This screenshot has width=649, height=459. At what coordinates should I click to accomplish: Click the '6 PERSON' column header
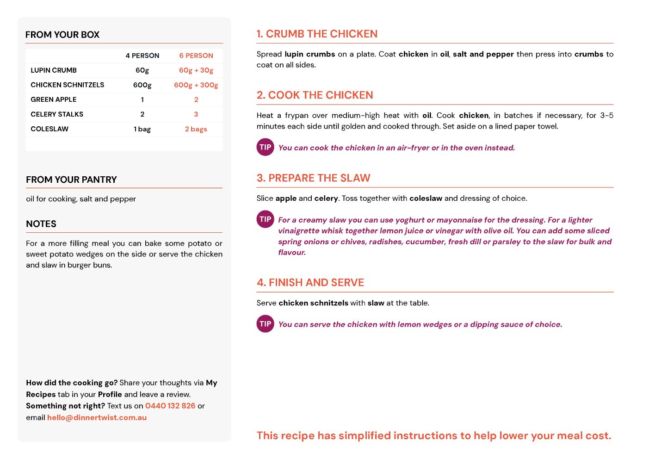coord(196,56)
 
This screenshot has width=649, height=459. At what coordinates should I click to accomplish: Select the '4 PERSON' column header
coord(142,56)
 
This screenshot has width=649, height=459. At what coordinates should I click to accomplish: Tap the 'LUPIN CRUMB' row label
coord(54,70)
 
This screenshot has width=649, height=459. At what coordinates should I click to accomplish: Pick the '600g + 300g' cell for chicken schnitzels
coord(196,85)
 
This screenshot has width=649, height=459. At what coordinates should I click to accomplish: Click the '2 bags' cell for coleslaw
coord(196,129)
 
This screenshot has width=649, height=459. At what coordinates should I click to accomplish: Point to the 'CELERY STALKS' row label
coord(57,114)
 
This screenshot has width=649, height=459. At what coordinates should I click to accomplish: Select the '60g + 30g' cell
coord(196,70)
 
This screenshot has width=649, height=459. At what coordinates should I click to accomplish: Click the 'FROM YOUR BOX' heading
coord(62,35)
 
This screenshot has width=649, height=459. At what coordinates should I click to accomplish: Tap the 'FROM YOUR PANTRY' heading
coord(71,180)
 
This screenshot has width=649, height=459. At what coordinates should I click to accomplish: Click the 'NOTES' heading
coord(41,224)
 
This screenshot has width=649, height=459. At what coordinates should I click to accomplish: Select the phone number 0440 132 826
coord(170,406)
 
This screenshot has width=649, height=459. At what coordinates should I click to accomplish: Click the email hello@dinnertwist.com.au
coord(97,417)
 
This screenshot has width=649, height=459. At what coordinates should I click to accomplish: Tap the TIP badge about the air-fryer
coord(266,147)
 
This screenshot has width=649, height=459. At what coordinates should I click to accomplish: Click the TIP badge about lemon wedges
coord(266,324)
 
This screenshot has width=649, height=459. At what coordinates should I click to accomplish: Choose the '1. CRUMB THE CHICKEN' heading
coord(317,34)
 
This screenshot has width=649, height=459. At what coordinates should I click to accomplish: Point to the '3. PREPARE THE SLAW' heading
coord(314,178)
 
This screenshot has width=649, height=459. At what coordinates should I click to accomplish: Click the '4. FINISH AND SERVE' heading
coord(310,283)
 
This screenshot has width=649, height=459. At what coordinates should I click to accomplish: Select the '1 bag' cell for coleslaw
coord(142,129)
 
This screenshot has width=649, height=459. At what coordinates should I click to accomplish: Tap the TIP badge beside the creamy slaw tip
coord(266,219)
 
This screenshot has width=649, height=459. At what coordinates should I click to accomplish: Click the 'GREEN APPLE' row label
coord(54,99)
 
